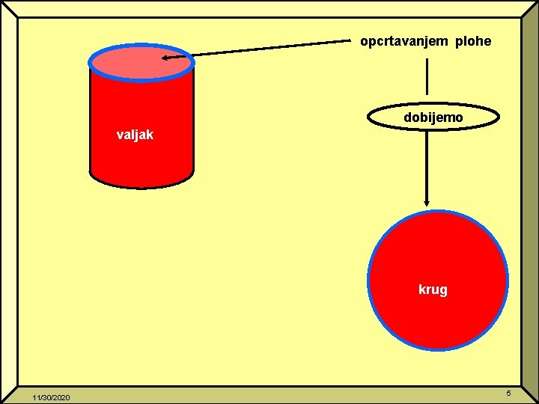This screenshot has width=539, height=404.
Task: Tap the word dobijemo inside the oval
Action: click(433, 117)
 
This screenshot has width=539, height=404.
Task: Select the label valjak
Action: click(135, 135)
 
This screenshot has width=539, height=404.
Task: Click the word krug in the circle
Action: click(433, 289)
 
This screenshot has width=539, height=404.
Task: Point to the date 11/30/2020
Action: click(51, 397)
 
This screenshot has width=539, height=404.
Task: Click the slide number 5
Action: click(508, 394)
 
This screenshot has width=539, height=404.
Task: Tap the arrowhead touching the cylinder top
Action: click(167, 57)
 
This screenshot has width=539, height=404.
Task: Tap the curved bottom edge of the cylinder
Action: click(141, 185)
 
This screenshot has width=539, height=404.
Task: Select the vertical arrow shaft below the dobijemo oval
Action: click(427, 165)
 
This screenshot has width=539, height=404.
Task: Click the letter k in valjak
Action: click(150, 135)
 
